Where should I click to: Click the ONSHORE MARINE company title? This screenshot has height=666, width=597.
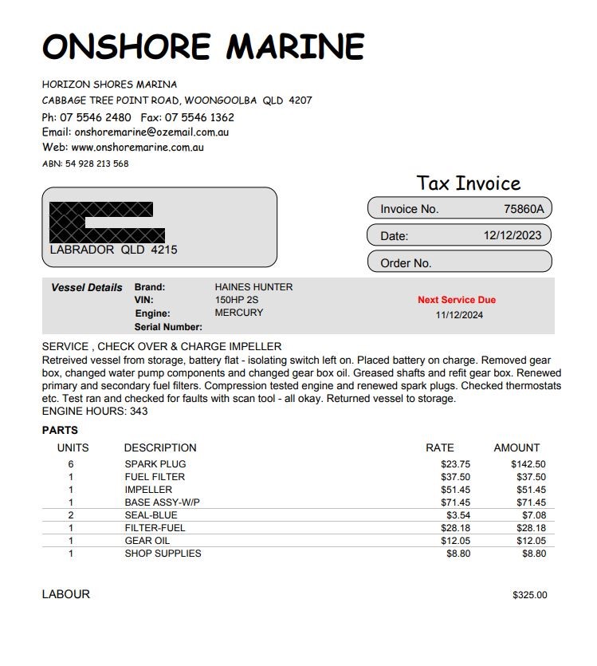click(202, 47)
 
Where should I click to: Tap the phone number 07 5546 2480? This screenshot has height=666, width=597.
click(96, 117)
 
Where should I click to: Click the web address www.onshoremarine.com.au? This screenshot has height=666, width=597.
click(137, 148)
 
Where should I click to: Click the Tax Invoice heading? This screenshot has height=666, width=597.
click(468, 183)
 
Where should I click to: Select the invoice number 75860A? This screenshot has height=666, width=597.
click(524, 209)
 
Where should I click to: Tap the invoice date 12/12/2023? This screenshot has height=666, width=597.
click(513, 235)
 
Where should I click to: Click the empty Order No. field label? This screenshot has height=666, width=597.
click(406, 262)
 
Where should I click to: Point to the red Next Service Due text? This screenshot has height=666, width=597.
click(457, 300)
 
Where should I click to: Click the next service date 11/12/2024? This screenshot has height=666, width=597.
click(459, 314)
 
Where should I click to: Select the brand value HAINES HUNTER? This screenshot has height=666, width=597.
click(253, 287)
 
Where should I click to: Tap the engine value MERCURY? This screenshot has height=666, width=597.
click(238, 313)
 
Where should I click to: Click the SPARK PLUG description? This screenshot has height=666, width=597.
click(155, 464)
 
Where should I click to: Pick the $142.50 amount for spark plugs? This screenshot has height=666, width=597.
click(528, 464)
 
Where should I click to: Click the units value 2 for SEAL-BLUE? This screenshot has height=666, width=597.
click(71, 515)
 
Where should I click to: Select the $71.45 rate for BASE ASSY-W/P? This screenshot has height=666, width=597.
click(455, 502)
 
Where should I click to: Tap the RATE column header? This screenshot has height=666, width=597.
click(440, 447)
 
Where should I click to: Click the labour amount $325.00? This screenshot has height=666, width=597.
click(529, 595)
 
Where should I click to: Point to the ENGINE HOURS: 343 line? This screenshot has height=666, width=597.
click(95, 412)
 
